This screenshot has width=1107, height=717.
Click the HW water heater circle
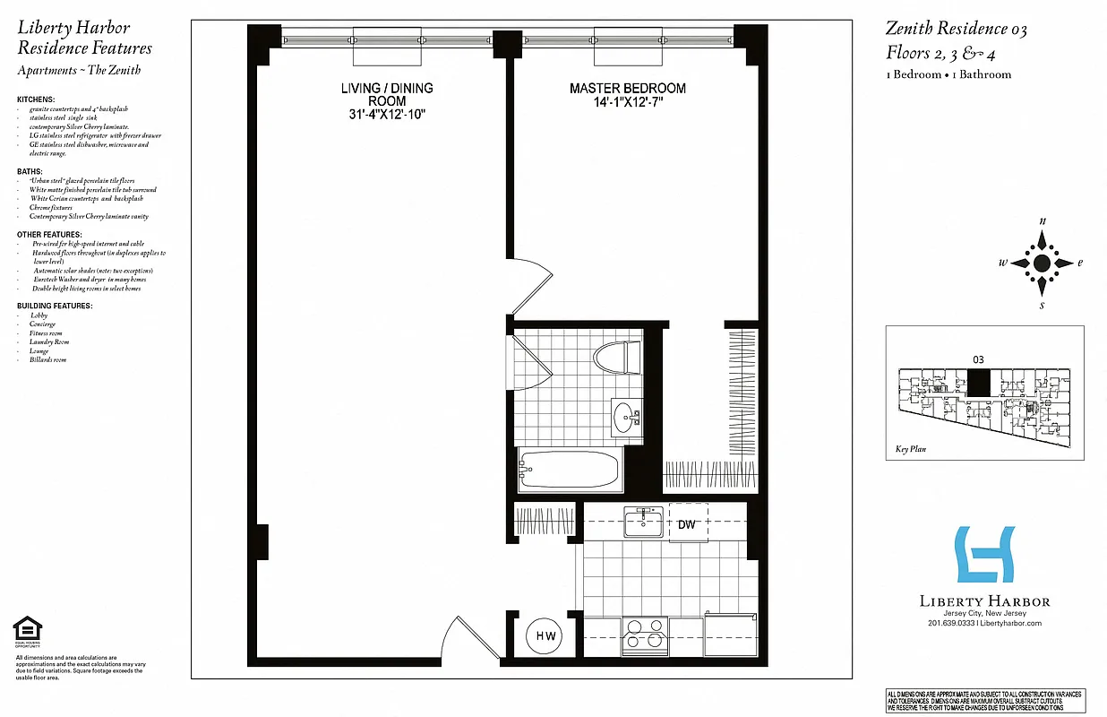(x=545, y=636)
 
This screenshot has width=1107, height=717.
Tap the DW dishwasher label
(x=687, y=524)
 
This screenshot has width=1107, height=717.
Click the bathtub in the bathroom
(x=571, y=469)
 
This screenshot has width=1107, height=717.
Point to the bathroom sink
(x=626, y=418)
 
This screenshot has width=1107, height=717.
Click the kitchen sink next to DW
(x=642, y=523)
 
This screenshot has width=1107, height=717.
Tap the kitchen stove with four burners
(x=645, y=634)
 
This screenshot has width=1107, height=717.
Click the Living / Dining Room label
(x=387, y=95)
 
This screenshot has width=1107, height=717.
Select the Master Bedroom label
(x=628, y=89)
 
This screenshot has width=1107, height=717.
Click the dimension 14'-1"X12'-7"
(x=628, y=102)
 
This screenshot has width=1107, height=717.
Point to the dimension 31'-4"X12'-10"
(x=387, y=115)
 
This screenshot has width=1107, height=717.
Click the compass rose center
(x=1042, y=263)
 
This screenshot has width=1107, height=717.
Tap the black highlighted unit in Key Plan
(x=979, y=383)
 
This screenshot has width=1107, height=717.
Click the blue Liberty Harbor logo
(x=984, y=555)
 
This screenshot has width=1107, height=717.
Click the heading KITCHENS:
(x=36, y=99)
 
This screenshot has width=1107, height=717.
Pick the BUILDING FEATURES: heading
(x=55, y=307)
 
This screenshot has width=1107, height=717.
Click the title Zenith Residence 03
(x=957, y=30)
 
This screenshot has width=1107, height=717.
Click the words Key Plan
(x=909, y=450)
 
